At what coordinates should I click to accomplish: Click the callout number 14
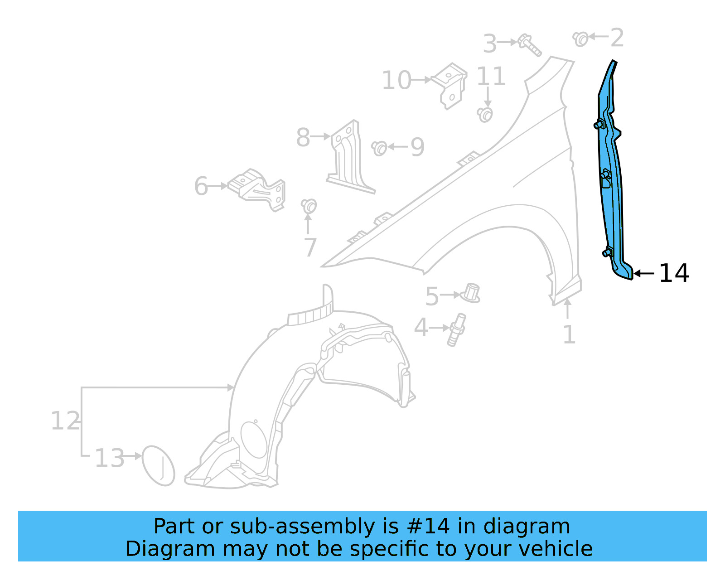(674, 273)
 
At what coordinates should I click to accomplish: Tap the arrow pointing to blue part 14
(643, 273)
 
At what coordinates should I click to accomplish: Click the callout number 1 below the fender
(569, 335)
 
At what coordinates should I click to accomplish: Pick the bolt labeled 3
(530, 45)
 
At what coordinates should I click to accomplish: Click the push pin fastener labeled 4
(456, 329)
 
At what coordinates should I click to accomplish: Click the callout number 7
(309, 248)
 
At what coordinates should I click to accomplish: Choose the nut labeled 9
(380, 148)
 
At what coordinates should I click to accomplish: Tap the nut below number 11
(485, 114)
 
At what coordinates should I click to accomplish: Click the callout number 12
(65, 421)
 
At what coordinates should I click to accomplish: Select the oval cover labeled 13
(158, 465)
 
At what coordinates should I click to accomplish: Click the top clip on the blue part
(599, 124)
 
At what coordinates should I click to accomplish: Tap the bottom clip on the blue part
(608, 252)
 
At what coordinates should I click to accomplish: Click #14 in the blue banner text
(428, 527)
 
